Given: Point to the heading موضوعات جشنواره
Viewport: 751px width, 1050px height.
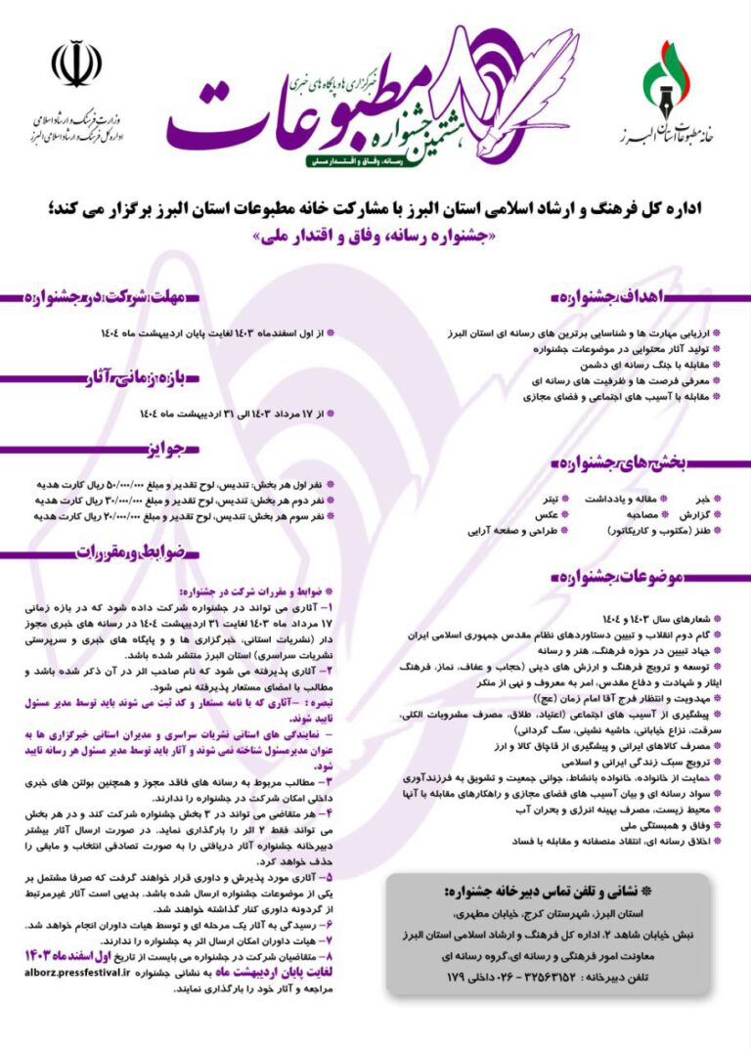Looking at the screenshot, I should click(606, 577).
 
